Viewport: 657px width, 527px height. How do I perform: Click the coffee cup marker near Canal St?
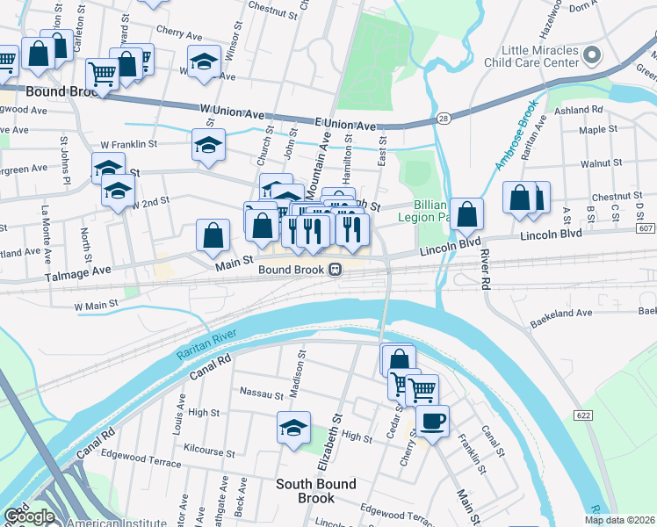[x=431, y=422]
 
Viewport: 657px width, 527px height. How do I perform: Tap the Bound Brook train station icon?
[x=336, y=270]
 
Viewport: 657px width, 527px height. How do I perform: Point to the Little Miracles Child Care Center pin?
[x=591, y=56]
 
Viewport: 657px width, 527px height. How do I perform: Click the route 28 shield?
[x=444, y=119]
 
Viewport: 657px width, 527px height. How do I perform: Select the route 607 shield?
[x=645, y=229]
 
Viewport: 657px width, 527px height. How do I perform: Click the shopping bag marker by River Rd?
[x=469, y=213]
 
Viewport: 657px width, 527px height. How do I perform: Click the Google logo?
[x=29, y=516]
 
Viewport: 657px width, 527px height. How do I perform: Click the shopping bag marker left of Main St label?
[x=213, y=235]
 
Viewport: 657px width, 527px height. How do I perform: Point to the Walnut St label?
[x=601, y=163]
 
